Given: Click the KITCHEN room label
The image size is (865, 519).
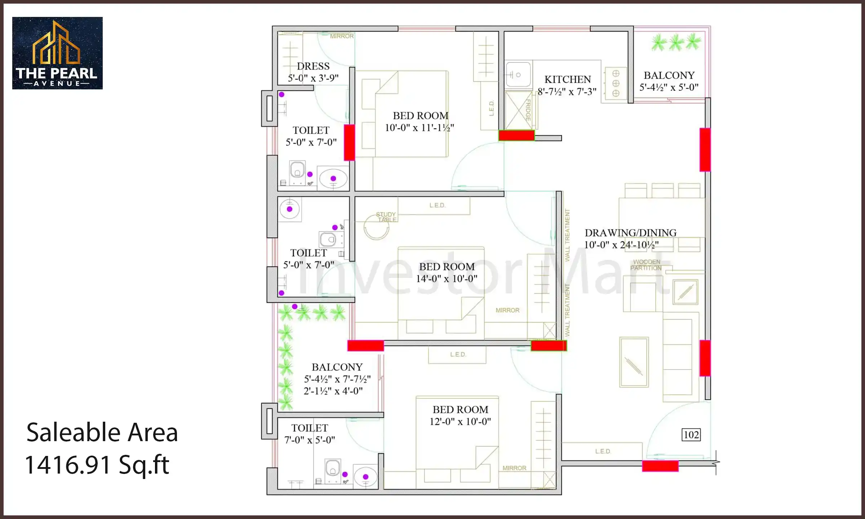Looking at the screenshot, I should tap(567, 79).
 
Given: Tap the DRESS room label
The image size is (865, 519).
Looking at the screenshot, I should tap(313, 66).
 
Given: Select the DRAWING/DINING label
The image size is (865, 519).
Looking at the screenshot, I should tap(630, 233).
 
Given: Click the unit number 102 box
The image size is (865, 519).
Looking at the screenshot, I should tap(691, 435).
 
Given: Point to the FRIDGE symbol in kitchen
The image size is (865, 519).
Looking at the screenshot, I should tap(519, 110).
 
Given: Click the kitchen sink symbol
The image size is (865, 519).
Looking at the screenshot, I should tap(518, 75).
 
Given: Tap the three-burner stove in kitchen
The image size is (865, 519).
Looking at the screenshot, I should tap(616, 84).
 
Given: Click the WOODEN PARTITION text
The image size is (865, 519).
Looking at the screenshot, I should tap(646, 265).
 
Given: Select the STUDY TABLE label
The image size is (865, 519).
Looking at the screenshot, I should tap(386, 217).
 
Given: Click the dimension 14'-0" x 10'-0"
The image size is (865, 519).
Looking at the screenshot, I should tap(447, 279).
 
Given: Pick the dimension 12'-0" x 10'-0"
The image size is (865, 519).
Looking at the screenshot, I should tap(460, 421).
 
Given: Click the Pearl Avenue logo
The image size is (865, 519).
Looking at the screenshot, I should tap(57, 53).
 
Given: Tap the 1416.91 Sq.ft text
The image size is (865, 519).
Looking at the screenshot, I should tap(97, 465).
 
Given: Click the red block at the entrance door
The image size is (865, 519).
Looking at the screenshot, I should tap(660, 466).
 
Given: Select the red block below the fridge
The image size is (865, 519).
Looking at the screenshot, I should tap(516, 136).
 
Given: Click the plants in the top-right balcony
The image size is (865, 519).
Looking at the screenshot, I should tap(676, 43).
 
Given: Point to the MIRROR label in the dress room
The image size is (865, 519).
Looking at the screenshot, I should tap(341, 36).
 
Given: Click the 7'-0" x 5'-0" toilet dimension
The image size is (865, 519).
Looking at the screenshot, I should tap(309, 440).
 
